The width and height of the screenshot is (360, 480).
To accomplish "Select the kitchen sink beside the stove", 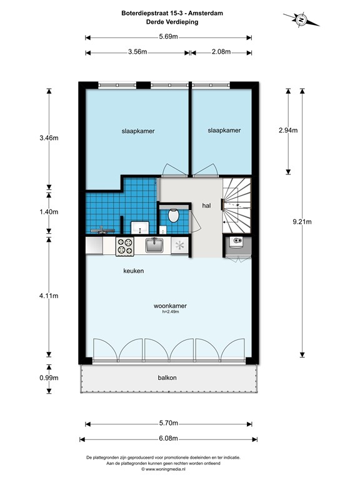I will (x=154, y=245).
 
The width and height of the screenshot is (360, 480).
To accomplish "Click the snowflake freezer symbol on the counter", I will (x=181, y=246).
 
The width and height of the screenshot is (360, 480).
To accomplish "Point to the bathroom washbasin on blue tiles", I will (x=138, y=226).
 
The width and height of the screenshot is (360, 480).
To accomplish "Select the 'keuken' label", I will (x=133, y=271).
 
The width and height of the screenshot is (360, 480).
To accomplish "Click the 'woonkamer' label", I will (x=170, y=306).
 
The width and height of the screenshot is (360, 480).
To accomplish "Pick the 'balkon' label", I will (x=167, y=377).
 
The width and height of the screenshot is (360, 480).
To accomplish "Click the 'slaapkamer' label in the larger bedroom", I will (x=137, y=131).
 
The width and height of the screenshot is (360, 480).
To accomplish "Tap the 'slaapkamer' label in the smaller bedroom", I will (x=224, y=131).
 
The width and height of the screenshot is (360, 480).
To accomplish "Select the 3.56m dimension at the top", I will (x=137, y=52).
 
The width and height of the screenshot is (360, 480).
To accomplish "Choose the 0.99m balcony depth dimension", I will (x=49, y=377).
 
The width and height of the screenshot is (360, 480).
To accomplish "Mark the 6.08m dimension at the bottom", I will (x=167, y=439).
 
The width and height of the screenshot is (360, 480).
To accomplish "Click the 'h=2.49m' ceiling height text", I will (x=171, y=312).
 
